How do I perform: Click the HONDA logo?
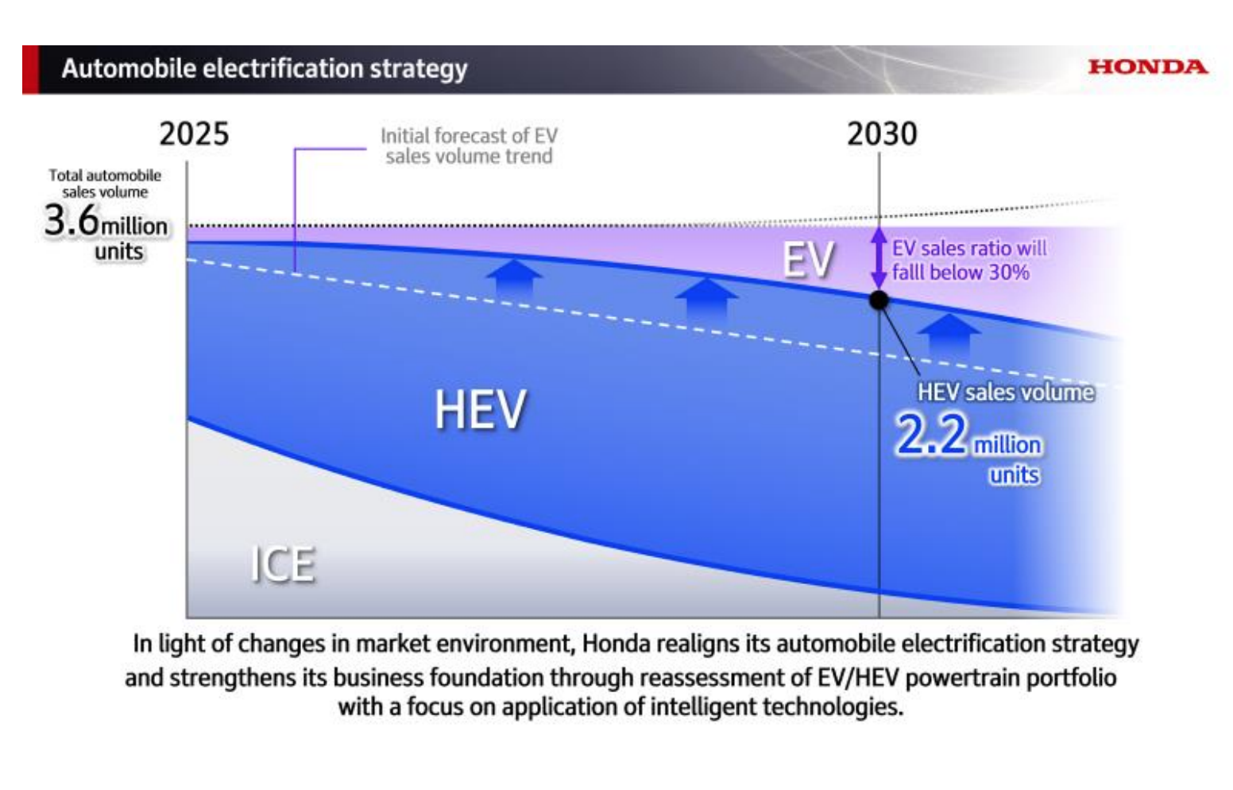click(x=1147, y=67)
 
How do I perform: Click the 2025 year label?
click(x=194, y=134)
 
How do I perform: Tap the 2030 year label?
click(x=882, y=134)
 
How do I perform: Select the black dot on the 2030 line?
click(x=879, y=300)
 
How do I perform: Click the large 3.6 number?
click(x=72, y=220)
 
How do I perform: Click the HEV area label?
click(x=480, y=409)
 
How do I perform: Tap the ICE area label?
click(x=283, y=564)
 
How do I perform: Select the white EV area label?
click(x=808, y=259)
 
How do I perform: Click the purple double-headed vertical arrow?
click(x=879, y=258)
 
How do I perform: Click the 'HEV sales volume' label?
click(x=1006, y=392)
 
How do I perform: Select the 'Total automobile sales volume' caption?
click(x=105, y=184)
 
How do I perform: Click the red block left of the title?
click(x=30, y=70)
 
